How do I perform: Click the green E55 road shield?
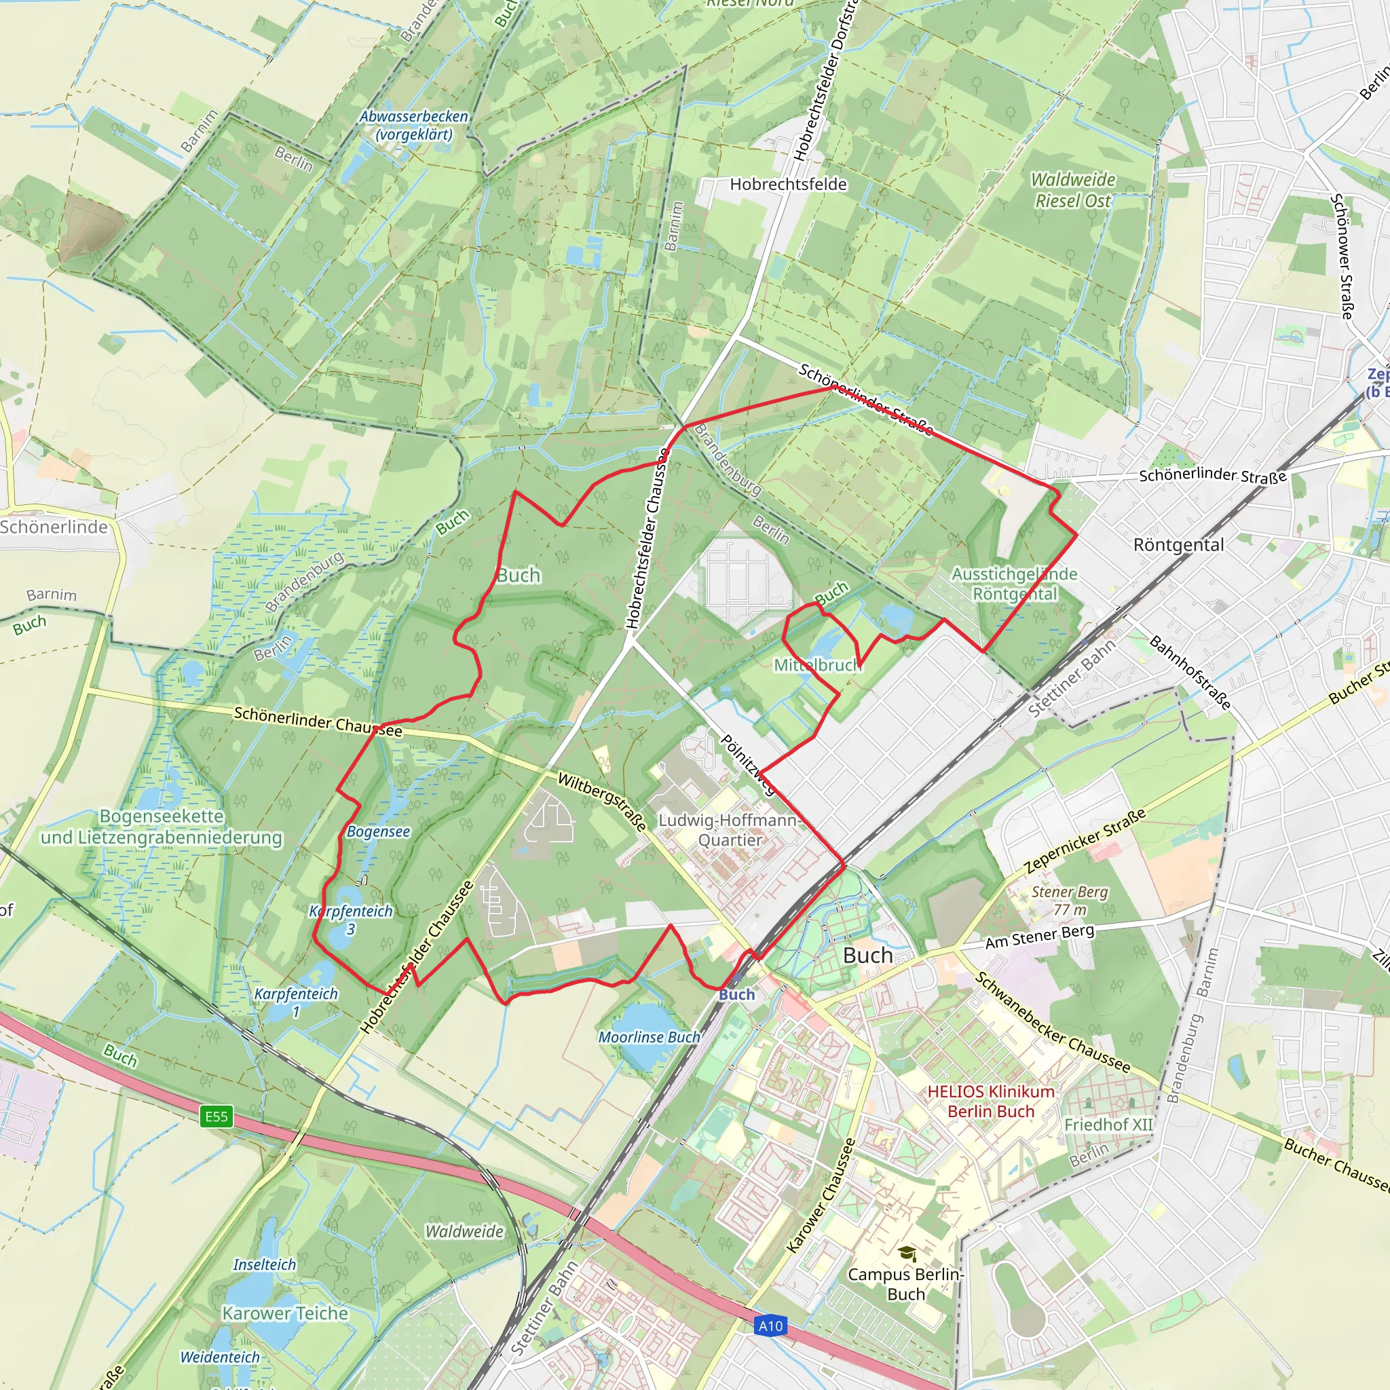(x=217, y=1116)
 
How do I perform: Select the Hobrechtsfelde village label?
(x=788, y=184)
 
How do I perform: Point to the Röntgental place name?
(x=1178, y=544)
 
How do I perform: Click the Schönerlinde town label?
(x=54, y=527)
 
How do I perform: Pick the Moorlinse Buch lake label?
(x=649, y=1037)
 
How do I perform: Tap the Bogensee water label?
(x=379, y=831)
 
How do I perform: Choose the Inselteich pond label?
(x=264, y=1264)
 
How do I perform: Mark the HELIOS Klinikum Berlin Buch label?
(x=991, y=1101)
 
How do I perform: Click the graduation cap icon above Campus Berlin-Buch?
(x=907, y=1254)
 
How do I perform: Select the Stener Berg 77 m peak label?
(x=1070, y=900)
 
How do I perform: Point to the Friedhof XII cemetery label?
(x=1108, y=1124)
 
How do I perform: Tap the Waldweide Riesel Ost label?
(x=1073, y=190)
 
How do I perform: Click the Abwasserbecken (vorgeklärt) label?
(x=414, y=125)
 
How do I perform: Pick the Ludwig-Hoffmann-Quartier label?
(x=730, y=829)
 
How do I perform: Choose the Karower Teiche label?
(x=285, y=1313)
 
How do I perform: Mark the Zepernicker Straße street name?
(x=1086, y=840)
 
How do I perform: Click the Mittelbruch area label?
(x=817, y=664)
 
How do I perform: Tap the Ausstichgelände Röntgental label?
(x=1015, y=584)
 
